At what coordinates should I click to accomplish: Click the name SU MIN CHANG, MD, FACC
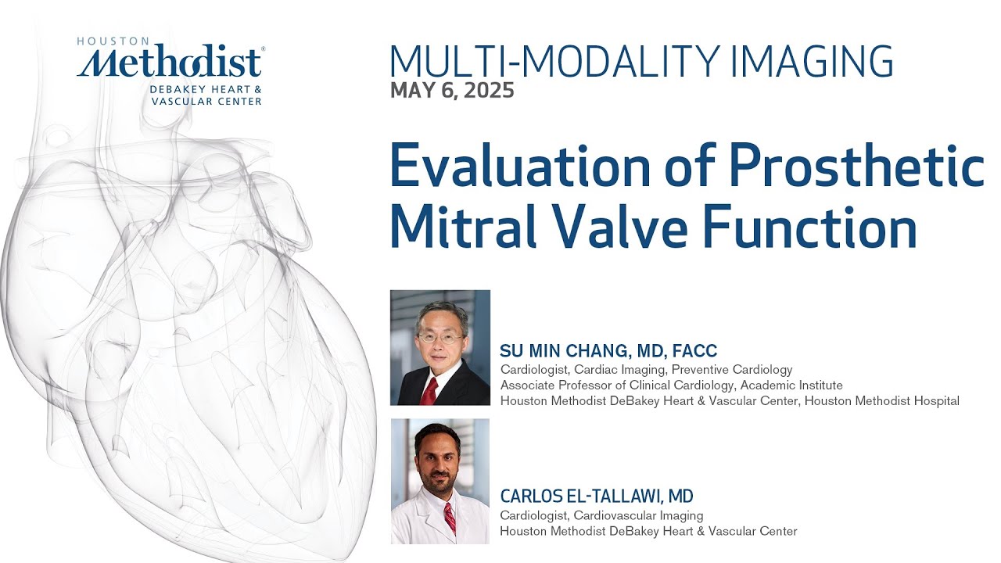click(608, 351)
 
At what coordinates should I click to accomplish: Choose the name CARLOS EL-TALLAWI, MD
click(597, 497)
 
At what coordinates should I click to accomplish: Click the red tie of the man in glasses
click(429, 389)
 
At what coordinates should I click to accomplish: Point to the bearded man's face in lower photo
click(438, 462)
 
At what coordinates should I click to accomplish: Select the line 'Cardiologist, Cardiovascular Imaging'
click(601, 515)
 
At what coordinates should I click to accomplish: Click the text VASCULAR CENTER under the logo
click(206, 101)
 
